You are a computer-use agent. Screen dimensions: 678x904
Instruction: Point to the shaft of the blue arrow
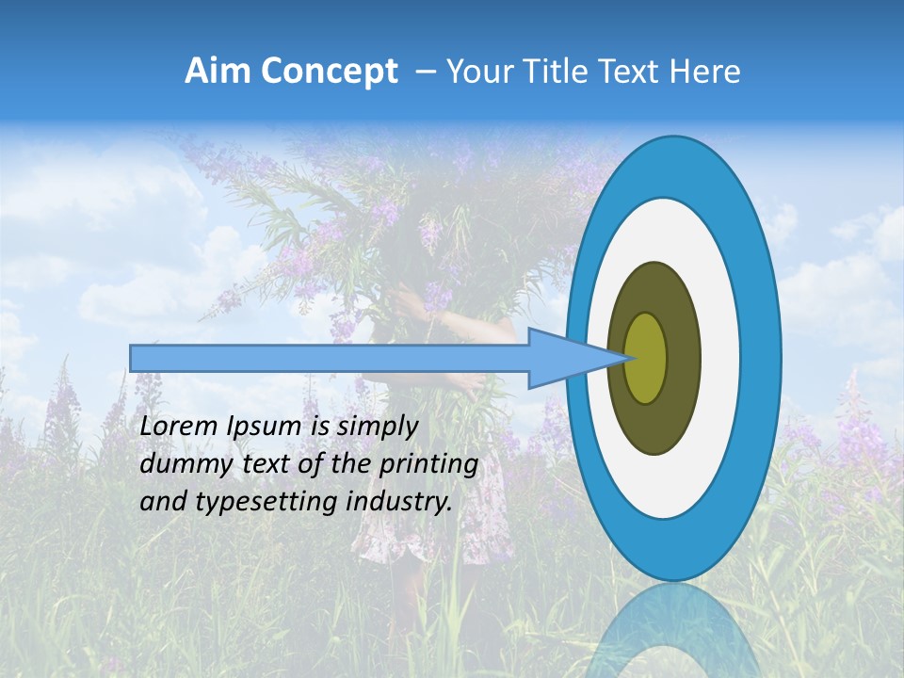tap(330, 358)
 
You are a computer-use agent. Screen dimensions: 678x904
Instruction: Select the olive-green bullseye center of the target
tap(645, 358)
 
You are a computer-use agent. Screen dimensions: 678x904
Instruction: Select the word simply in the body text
tap(377, 428)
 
